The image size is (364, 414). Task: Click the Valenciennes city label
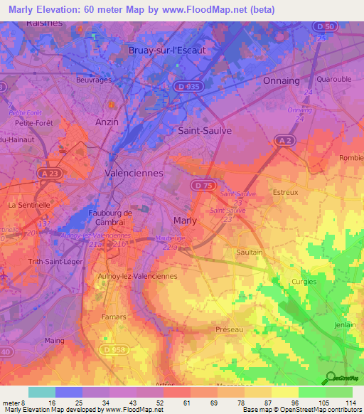pos(134,173)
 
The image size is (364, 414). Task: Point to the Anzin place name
pos(107,122)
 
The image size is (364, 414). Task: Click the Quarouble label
pos(333,80)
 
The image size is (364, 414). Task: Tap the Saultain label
pos(250,253)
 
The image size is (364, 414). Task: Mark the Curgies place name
pos(304,282)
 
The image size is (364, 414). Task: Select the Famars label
pos(113,317)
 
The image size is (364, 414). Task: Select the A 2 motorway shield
pos(286,141)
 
